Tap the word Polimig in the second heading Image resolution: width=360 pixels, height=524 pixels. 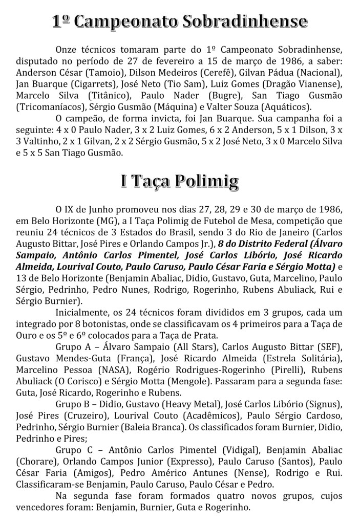coord(209,181)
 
